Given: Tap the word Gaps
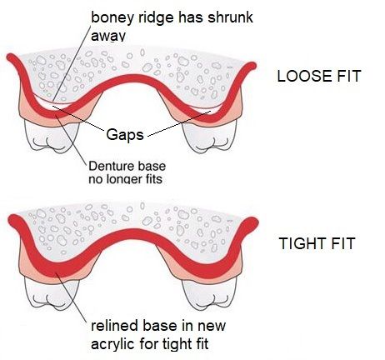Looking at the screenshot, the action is coord(125,135).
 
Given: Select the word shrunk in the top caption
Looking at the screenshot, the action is coord(231,17).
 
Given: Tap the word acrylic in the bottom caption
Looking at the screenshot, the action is coord(113,345).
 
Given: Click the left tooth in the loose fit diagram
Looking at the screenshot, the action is coord(52,137).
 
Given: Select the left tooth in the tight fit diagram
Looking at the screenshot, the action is coord(52,294).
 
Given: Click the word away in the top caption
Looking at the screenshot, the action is coord(108,37).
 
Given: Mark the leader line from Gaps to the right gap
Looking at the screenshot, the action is coord(179,124).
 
